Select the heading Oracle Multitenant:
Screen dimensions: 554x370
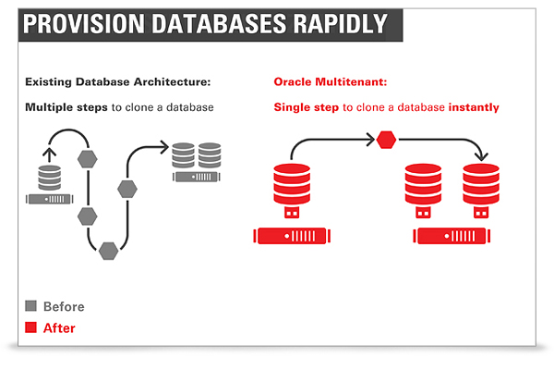(x=331, y=81)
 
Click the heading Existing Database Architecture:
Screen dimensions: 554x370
(x=117, y=81)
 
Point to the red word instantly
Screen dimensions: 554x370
(x=474, y=107)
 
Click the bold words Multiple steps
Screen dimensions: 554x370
(x=66, y=107)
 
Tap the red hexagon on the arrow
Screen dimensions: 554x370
(x=386, y=140)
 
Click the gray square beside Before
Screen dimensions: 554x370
(x=31, y=306)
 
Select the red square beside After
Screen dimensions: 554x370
(x=31, y=327)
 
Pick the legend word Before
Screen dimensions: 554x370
(x=64, y=306)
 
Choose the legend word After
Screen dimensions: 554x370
(x=59, y=328)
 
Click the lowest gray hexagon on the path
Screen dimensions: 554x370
(x=108, y=251)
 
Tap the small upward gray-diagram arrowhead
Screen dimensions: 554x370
(x=50, y=153)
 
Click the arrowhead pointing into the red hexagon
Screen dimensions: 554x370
(x=370, y=140)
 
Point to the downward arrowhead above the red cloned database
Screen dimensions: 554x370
(x=481, y=156)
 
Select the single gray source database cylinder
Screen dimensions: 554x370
(x=50, y=178)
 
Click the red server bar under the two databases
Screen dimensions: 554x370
(x=452, y=236)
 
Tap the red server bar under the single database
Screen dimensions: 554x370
(x=292, y=236)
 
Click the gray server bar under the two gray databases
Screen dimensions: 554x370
(x=197, y=177)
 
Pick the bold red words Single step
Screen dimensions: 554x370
(x=307, y=107)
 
